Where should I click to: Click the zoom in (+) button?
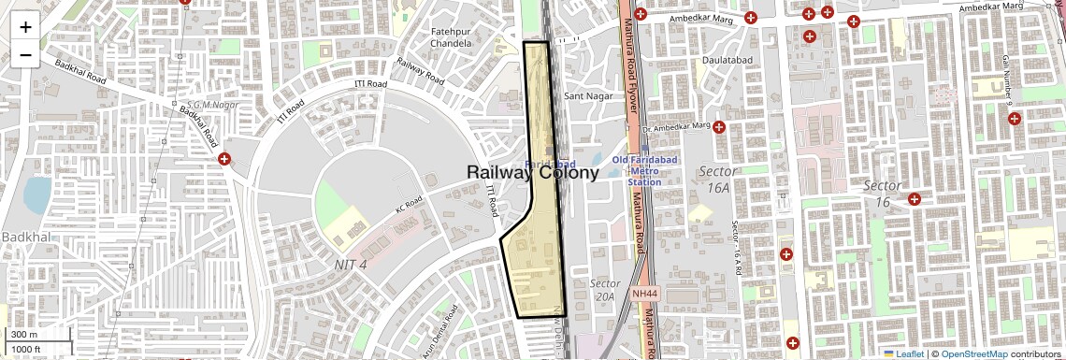(25, 26)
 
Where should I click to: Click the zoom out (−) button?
(25, 54)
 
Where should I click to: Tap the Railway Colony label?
(532, 172)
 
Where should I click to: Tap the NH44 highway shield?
(644, 294)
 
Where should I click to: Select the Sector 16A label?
(717, 180)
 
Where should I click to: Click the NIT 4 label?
(351, 265)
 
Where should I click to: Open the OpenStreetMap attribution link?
(973, 354)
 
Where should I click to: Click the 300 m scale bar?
(37, 335)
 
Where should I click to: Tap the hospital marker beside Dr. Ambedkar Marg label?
(719, 127)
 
